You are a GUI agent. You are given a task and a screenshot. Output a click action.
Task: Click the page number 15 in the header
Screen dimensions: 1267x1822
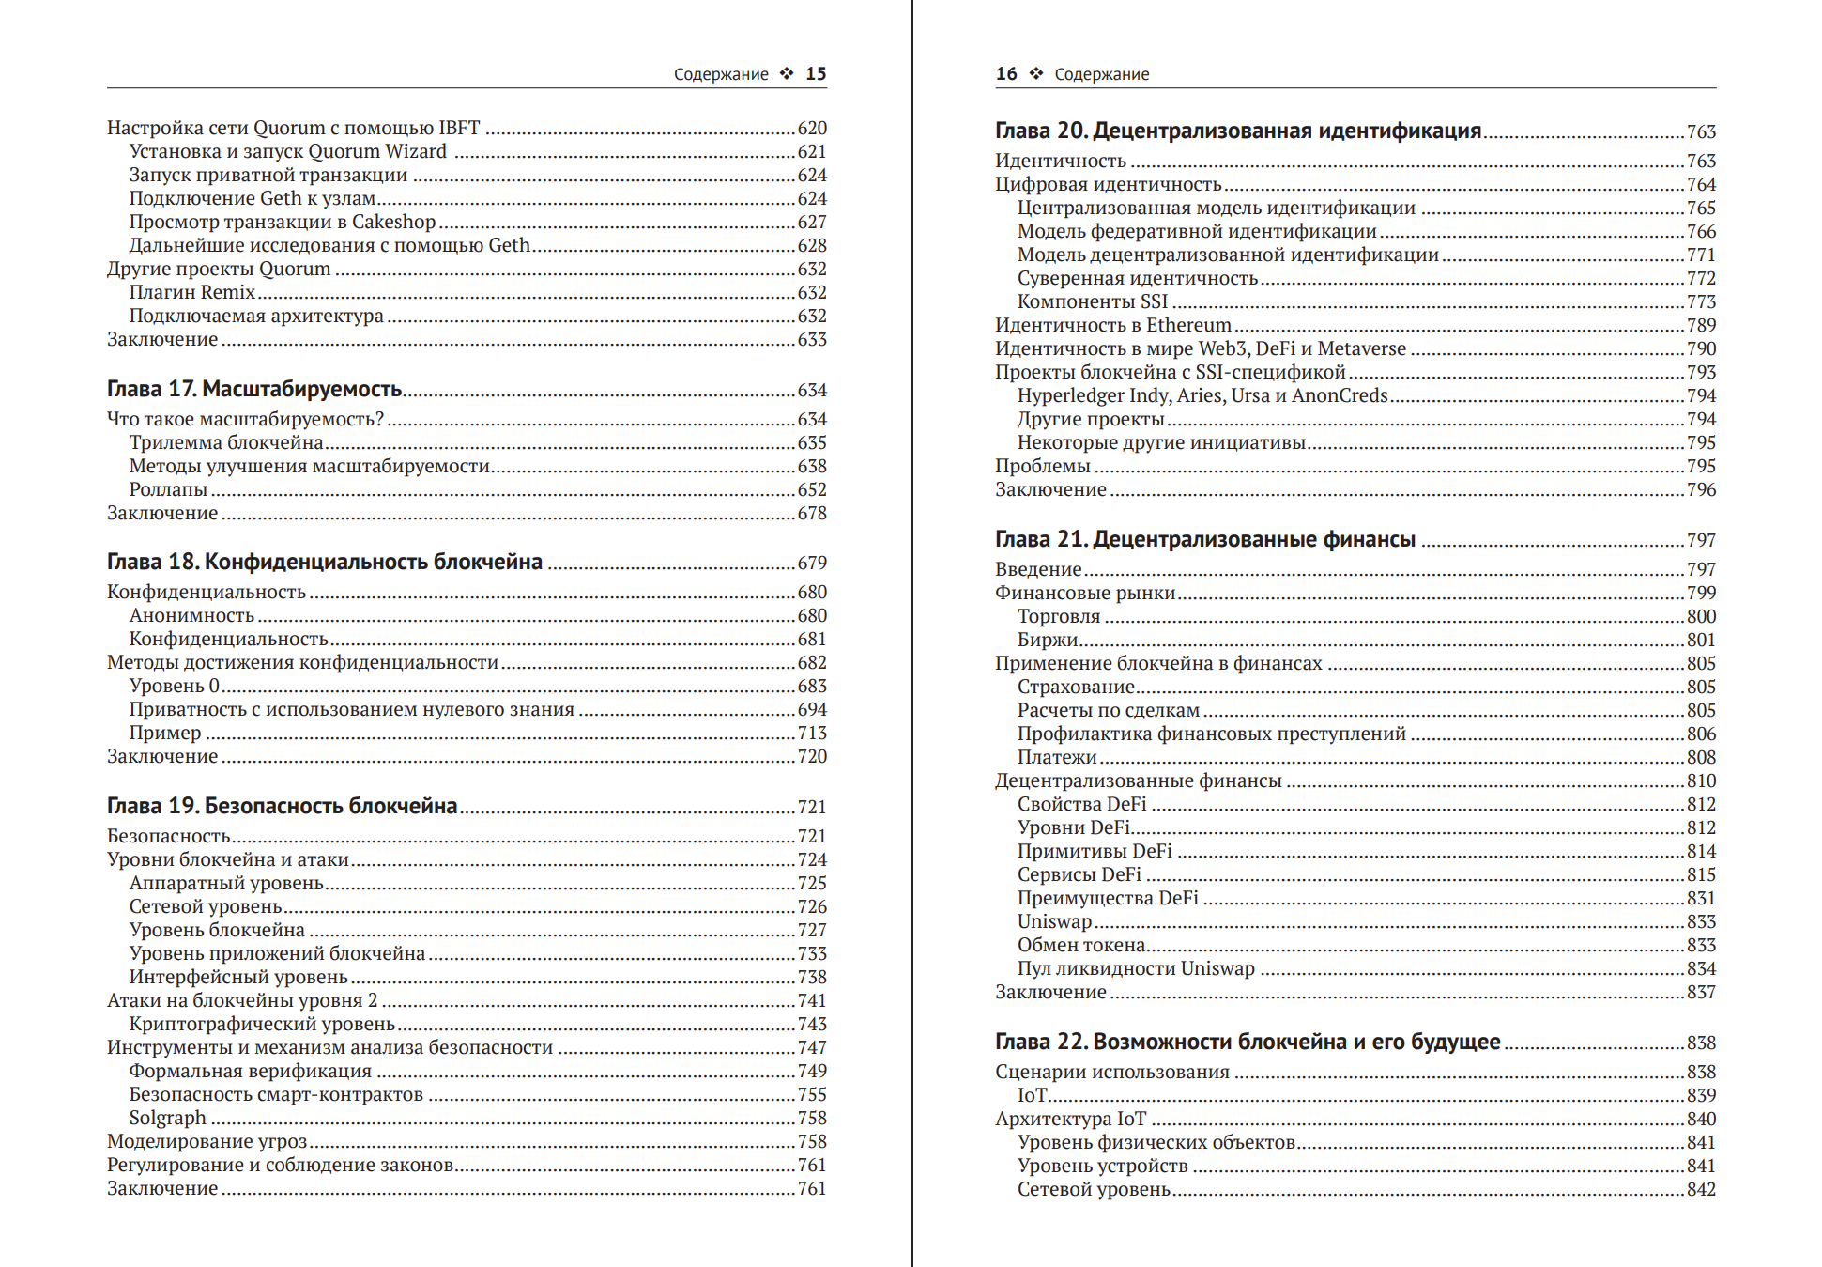[816, 74]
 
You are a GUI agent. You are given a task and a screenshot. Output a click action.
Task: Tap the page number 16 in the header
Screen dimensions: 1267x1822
[1006, 74]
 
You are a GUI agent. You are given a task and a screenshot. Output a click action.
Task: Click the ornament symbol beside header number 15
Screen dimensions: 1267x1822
[787, 74]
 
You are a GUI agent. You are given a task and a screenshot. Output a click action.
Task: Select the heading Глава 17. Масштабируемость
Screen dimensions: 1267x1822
[254, 389]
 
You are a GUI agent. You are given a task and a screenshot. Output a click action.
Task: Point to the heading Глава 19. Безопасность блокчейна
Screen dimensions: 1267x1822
[282, 806]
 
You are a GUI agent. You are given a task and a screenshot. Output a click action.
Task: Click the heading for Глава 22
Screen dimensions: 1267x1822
[1248, 1042]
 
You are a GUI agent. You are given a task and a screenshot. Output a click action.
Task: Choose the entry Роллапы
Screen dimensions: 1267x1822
[169, 489]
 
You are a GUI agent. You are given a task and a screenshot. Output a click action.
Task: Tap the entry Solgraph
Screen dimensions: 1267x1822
[168, 1118]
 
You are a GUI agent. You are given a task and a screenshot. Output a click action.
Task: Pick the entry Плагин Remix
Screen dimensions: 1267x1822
[192, 292]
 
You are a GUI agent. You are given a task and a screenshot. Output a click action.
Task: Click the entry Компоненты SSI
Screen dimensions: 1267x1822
[1093, 301]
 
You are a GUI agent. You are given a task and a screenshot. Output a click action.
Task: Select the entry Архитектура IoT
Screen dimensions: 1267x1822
[1071, 1119]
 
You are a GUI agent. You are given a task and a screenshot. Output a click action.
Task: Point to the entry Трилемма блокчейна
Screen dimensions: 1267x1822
[226, 442]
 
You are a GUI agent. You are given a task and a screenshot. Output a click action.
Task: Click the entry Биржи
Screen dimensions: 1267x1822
[1048, 640]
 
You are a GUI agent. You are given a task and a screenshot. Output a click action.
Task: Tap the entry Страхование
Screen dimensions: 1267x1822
[1076, 687]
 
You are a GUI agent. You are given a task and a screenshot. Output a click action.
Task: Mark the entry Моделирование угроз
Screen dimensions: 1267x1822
[207, 1141]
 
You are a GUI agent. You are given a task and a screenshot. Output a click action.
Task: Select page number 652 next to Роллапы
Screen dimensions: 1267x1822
[812, 489]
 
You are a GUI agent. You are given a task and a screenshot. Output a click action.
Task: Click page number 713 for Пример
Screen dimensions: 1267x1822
[812, 733]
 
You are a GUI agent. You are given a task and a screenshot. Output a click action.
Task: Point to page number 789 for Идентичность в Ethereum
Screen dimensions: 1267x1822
[1701, 325]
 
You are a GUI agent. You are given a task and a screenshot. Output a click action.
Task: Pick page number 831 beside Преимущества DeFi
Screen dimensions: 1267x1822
[1701, 898]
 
